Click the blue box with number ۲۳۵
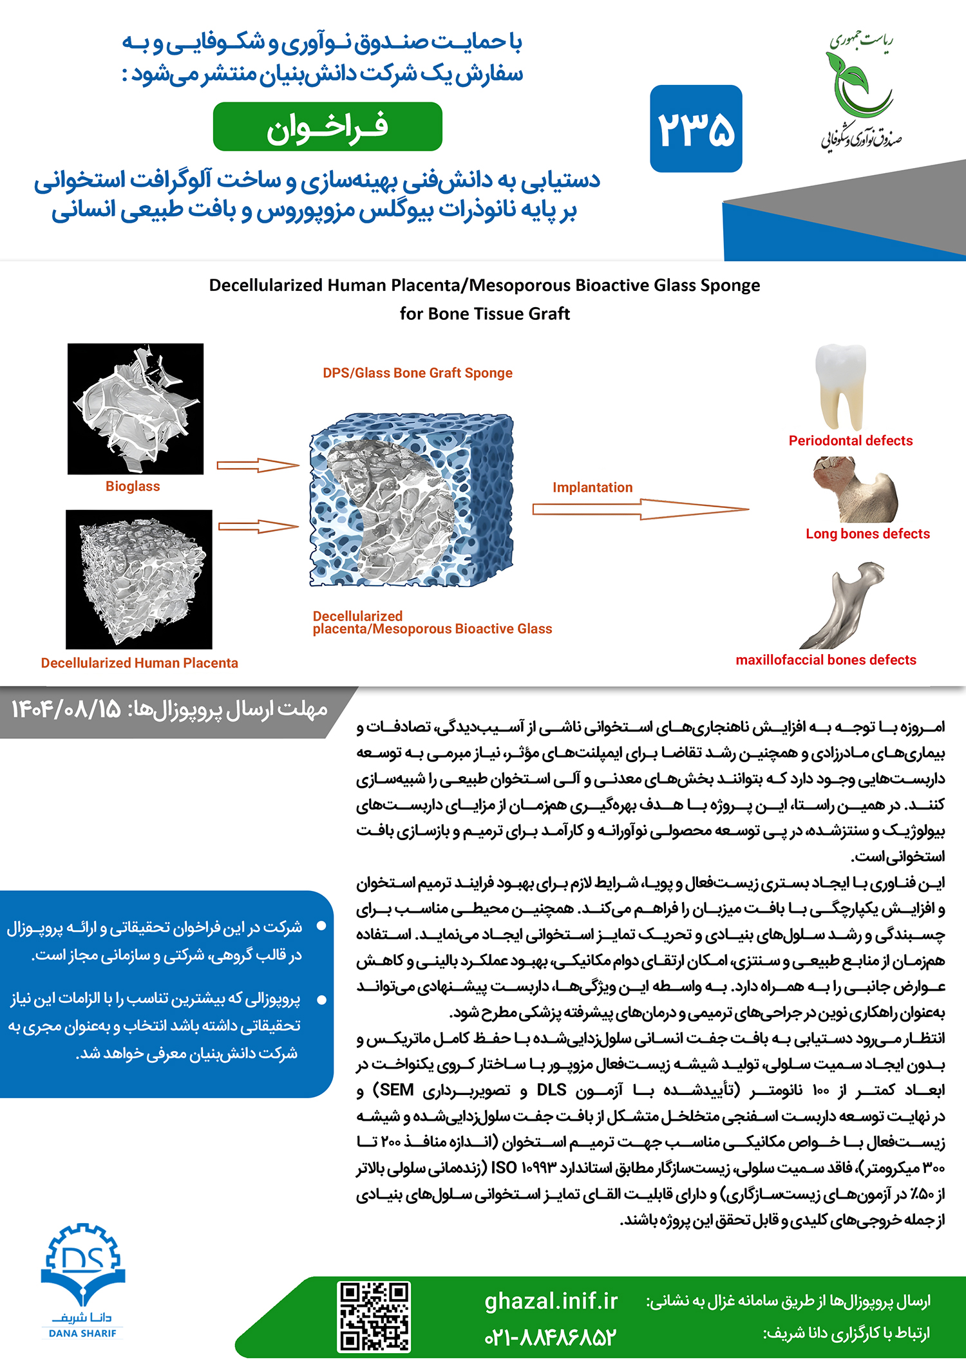(x=696, y=129)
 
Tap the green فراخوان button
(x=327, y=127)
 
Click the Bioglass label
(x=133, y=487)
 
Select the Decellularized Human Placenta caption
(x=139, y=663)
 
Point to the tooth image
(x=840, y=386)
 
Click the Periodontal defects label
(x=851, y=441)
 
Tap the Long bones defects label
(x=867, y=534)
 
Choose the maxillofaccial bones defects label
(x=826, y=660)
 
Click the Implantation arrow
(x=640, y=509)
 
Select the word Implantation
(x=592, y=487)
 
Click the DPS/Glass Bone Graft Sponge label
(x=417, y=373)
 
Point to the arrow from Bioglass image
(x=258, y=465)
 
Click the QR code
(x=374, y=1317)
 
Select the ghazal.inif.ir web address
(x=551, y=1301)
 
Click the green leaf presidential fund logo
(x=860, y=90)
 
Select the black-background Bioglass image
(x=135, y=409)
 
